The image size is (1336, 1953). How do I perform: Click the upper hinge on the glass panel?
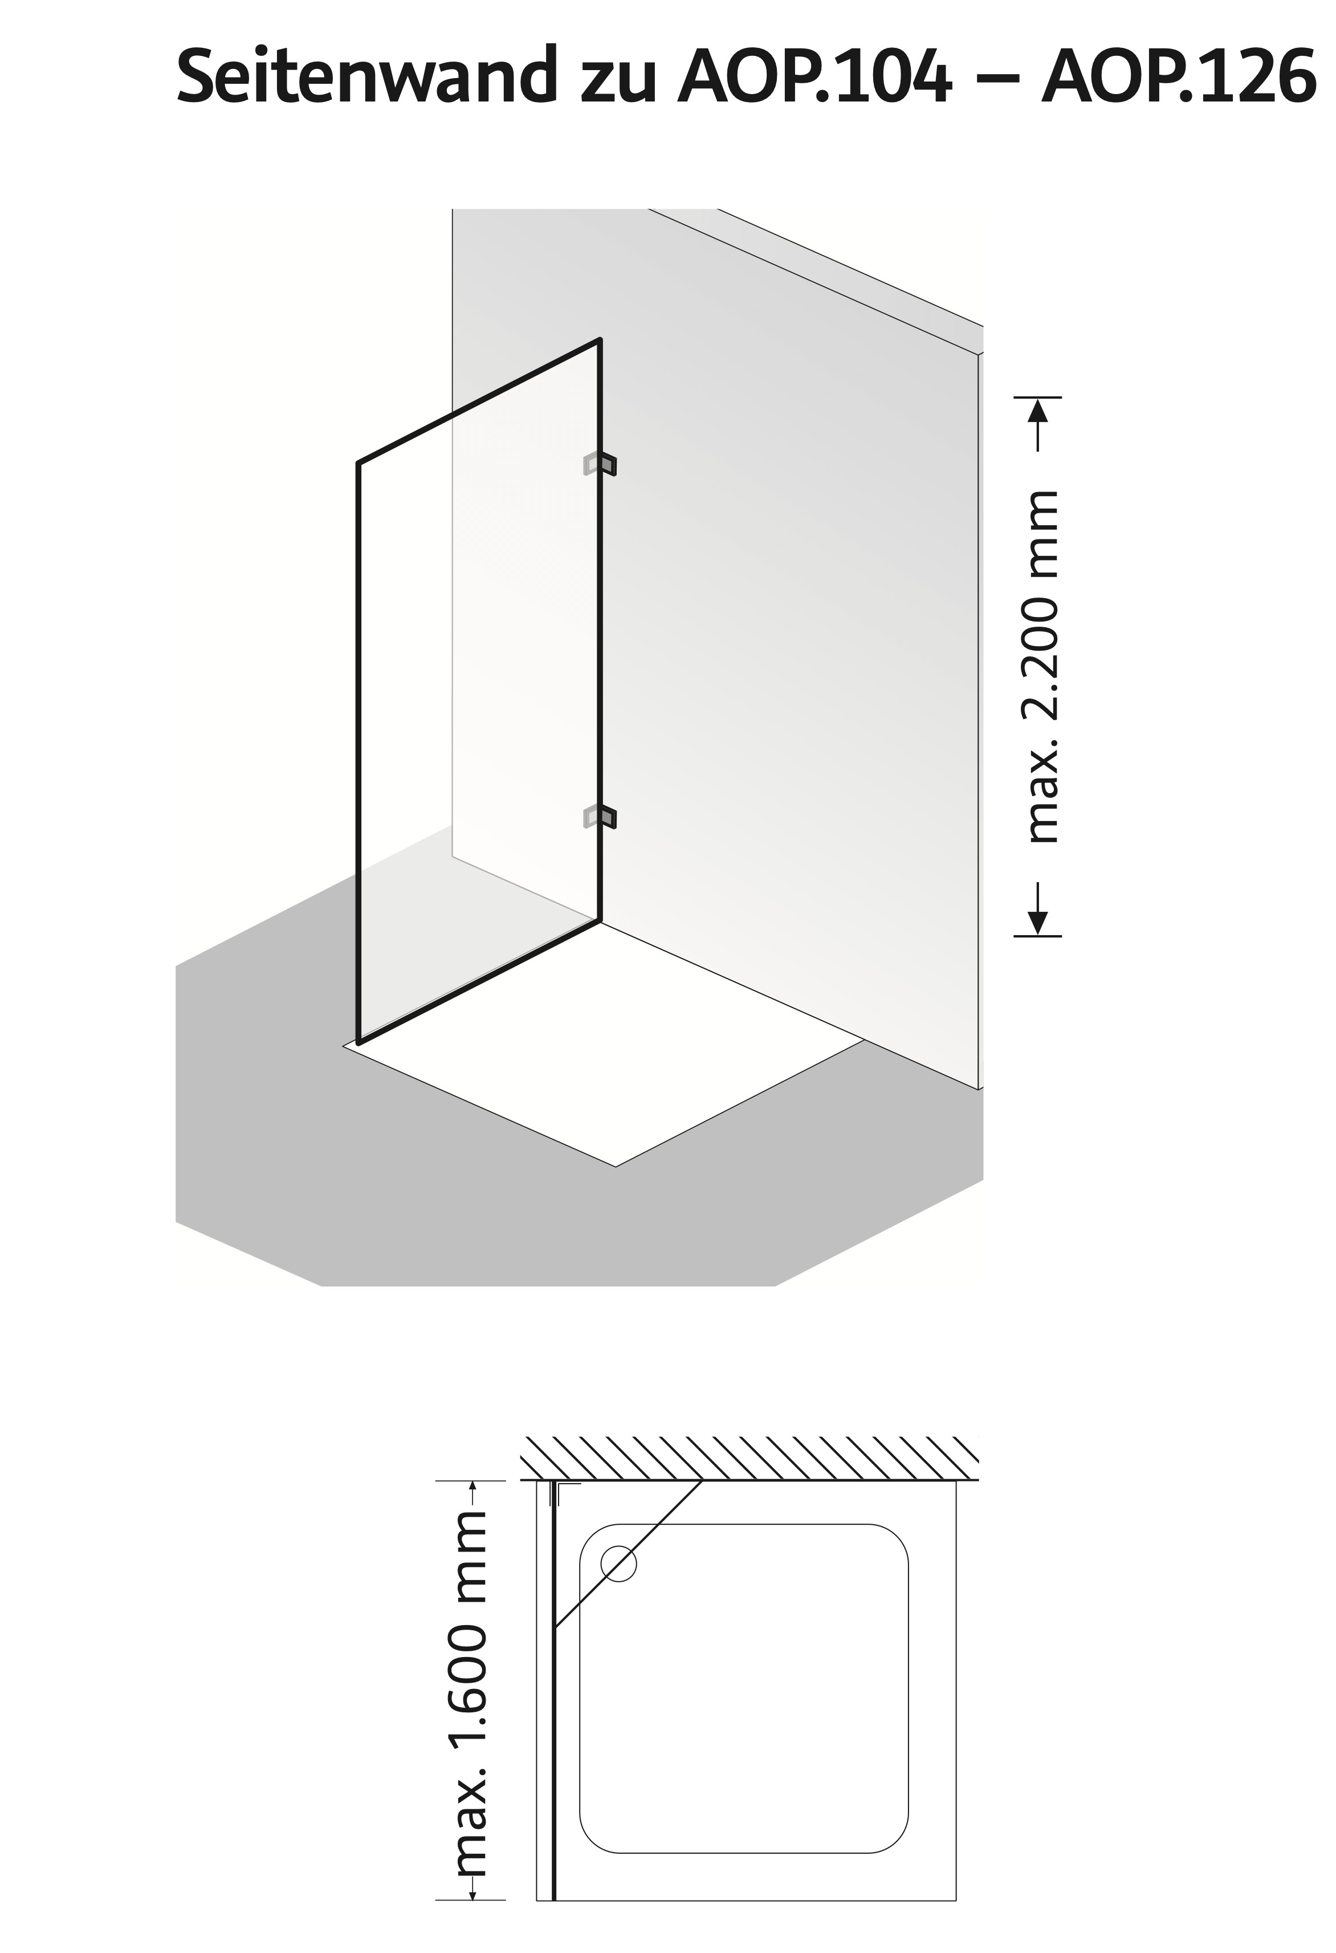click(600, 465)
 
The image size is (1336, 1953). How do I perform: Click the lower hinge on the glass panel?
click(600, 816)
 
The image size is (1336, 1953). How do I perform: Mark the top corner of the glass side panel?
click(599, 340)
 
